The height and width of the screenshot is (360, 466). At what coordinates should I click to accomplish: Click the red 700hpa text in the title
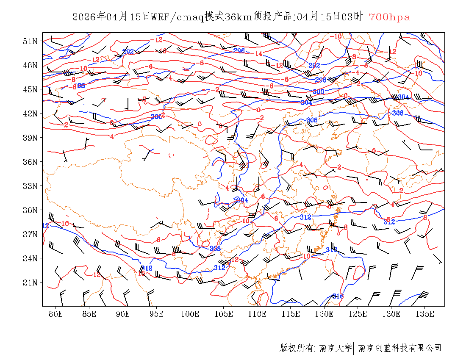point(389,17)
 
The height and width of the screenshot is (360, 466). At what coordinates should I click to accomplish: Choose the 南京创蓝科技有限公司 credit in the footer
point(400,348)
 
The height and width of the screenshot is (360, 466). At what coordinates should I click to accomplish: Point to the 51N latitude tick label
point(31,41)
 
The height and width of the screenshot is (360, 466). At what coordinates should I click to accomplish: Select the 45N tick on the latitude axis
point(31,89)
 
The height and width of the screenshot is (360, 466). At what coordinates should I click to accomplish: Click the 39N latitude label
point(31,138)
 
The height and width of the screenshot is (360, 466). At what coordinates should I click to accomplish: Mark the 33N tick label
point(31,186)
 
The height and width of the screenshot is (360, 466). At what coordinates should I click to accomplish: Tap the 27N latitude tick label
point(31,234)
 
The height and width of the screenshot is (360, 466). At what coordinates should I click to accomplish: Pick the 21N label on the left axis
point(31,282)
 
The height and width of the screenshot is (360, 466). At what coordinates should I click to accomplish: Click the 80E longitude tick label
point(56,314)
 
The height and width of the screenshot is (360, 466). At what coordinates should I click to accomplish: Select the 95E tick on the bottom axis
point(157,314)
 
